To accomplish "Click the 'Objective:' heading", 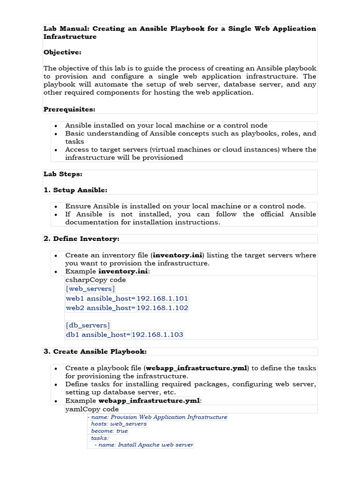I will tap(62, 52).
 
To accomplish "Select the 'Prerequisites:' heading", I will tap(69, 109).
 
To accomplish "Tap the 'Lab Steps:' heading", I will tap(63, 174).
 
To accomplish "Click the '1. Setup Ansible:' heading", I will tap(75, 190).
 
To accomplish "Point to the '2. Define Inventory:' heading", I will tap(82, 239).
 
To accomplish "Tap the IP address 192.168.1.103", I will tap(157, 334).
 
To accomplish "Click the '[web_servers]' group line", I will tap(90, 289).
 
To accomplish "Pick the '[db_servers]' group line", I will tap(88, 325).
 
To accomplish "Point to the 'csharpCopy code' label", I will tap(96, 280).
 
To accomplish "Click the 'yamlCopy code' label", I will tap(92, 409).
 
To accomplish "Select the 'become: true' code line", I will tap(109, 431).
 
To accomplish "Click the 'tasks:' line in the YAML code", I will tap(100, 438).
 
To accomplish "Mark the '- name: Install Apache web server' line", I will tap(143, 445).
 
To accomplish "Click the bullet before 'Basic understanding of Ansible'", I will tap(56, 134).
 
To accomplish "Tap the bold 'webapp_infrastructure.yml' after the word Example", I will tap(149, 401).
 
